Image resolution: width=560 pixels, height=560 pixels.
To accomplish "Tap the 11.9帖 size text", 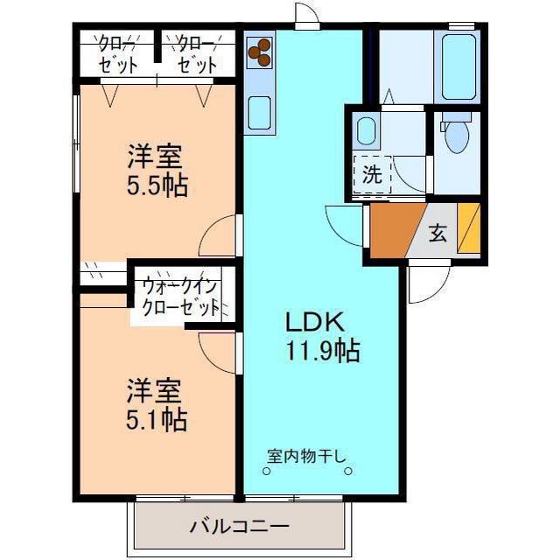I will [x=321, y=351].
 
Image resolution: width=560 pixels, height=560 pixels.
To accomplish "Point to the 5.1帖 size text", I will [x=155, y=418].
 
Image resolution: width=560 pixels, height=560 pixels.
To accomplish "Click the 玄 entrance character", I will [x=437, y=233].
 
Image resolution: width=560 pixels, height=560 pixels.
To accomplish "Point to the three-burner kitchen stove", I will [x=260, y=53].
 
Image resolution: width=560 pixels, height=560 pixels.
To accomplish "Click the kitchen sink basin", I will [x=260, y=111].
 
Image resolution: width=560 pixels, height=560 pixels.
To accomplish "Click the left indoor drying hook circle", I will [x=267, y=472].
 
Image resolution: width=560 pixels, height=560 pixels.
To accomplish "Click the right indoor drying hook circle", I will [x=347, y=472].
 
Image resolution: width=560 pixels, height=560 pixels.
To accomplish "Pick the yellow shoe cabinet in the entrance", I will [x=469, y=229].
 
